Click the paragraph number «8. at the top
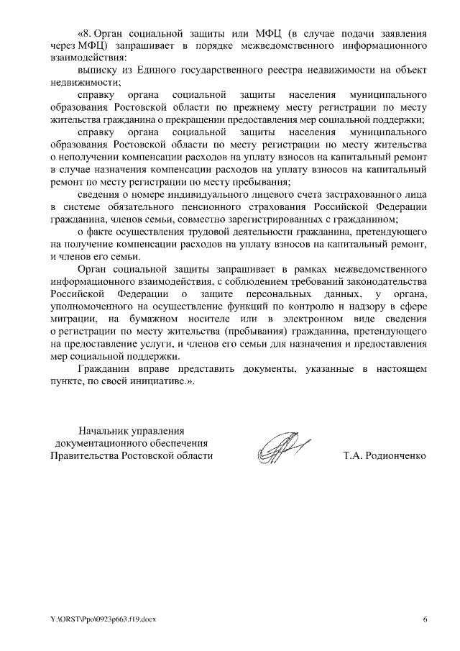tap(85, 34)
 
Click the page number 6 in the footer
tap(424, 619)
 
